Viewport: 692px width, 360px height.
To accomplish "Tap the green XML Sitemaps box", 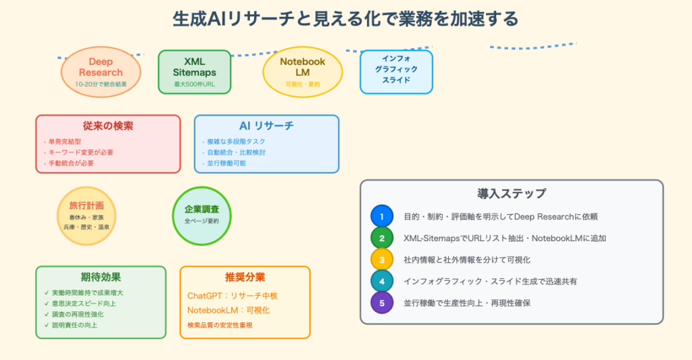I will tap(194, 72).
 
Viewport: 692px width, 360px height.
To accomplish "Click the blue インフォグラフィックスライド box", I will tap(396, 72).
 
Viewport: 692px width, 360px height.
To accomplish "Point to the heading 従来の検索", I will tap(108, 126).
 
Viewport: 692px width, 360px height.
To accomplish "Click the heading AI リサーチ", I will tap(266, 126).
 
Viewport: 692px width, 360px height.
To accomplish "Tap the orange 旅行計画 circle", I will tap(86, 215).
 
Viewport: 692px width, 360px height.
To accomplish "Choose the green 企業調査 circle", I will tap(201, 215).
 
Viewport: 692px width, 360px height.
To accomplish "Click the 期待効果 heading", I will tap(101, 277).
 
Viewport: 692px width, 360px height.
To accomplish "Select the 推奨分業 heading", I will tap(245, 277).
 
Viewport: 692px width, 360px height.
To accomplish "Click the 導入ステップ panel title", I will tap(511, 194).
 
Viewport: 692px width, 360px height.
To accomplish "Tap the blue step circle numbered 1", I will tap(382, 217).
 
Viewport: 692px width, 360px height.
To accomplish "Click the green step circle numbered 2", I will tap(382, 238).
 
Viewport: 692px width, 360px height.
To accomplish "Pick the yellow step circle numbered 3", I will tap(382, 260).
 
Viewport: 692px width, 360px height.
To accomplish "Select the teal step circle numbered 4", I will tap(382, 282).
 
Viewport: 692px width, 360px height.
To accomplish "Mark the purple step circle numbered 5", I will tap(382, 303).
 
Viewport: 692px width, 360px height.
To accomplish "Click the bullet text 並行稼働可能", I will tap(228, 163).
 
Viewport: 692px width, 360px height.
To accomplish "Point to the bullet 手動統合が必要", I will tap(71, 163).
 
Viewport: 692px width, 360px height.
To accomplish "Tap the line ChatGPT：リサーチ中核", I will tap(232, 296).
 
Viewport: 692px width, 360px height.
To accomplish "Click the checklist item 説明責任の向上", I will tap(74, 326).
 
